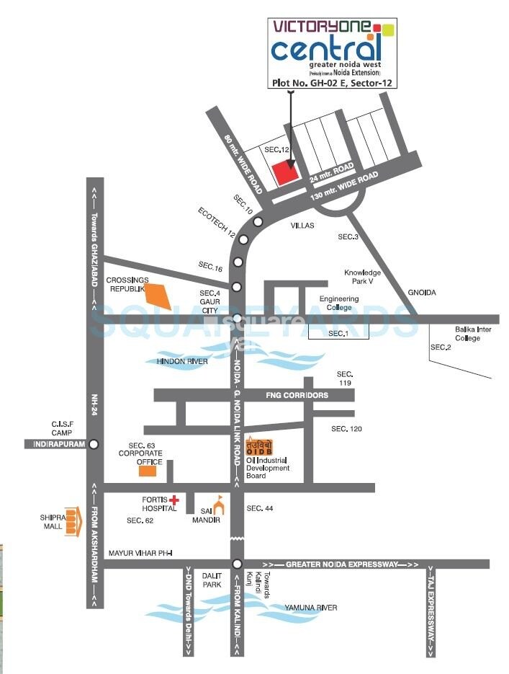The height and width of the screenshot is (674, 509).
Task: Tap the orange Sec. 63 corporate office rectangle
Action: pos(148,471)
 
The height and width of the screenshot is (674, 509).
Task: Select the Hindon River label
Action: pos(182,361)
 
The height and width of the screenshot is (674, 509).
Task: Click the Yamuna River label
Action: pos(310,608)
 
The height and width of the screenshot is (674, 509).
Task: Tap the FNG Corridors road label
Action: pos(297,395)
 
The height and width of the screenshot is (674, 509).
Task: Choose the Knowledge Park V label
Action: pos(362,278)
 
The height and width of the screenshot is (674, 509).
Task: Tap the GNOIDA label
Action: pos(422,293)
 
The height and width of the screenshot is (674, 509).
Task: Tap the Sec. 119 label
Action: pos(345,378)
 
